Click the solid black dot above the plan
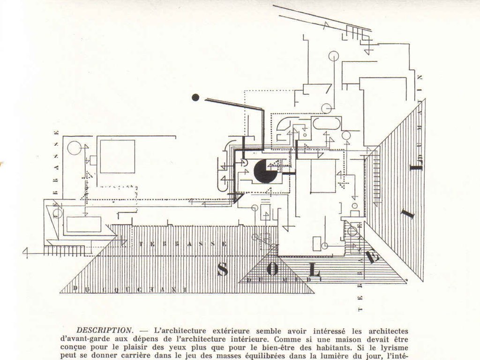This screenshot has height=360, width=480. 195,97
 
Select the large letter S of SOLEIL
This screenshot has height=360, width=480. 222,269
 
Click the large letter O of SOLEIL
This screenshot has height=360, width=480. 272,270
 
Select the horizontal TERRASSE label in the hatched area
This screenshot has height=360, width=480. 183,244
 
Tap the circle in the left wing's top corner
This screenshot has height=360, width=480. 74,148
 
